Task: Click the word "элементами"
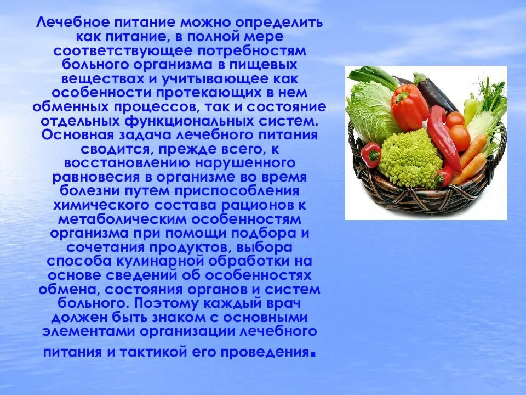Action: (87, 331)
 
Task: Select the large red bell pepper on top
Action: (409, 106)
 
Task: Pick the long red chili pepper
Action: (444, 137)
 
